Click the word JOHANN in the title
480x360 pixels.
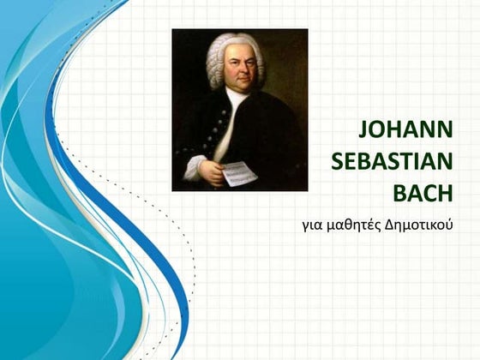click(405, 130)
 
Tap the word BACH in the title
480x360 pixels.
click(422, 192)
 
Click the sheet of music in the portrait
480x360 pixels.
click(239, 174)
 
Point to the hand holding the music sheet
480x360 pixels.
click(211, 171)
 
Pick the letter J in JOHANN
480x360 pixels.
click(363, 130)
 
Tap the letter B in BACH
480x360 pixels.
click(399, 192)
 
